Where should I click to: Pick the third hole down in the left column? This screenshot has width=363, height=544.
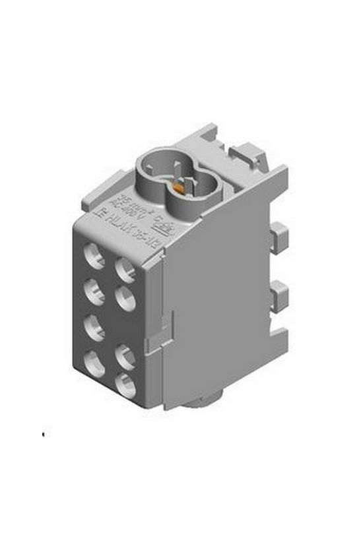pos(96,326)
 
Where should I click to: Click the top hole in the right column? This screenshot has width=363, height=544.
pos(126,267)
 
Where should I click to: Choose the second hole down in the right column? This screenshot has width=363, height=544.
pos(126,298)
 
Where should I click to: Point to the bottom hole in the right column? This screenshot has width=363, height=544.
pos(126,385)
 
